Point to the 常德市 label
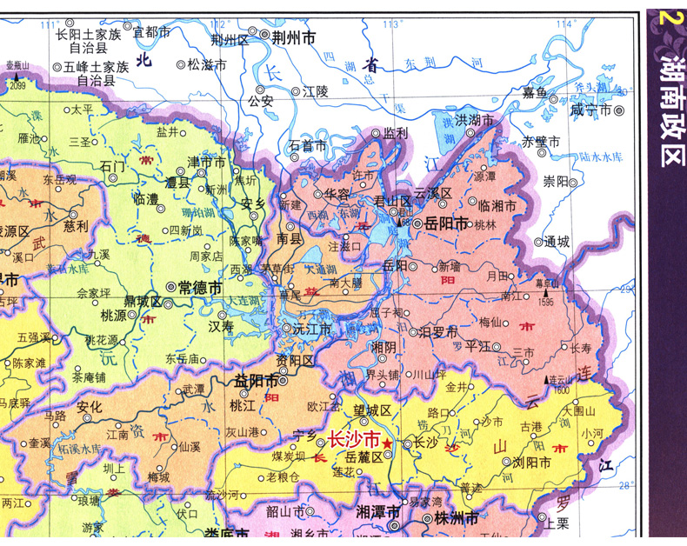pos(199,286)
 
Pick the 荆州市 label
pos(293,38)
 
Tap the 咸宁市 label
pos(590,110)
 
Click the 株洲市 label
pos(456,518)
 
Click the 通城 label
pos(556,242)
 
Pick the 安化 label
pos(90,406)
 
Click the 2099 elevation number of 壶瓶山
pos(17,85)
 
